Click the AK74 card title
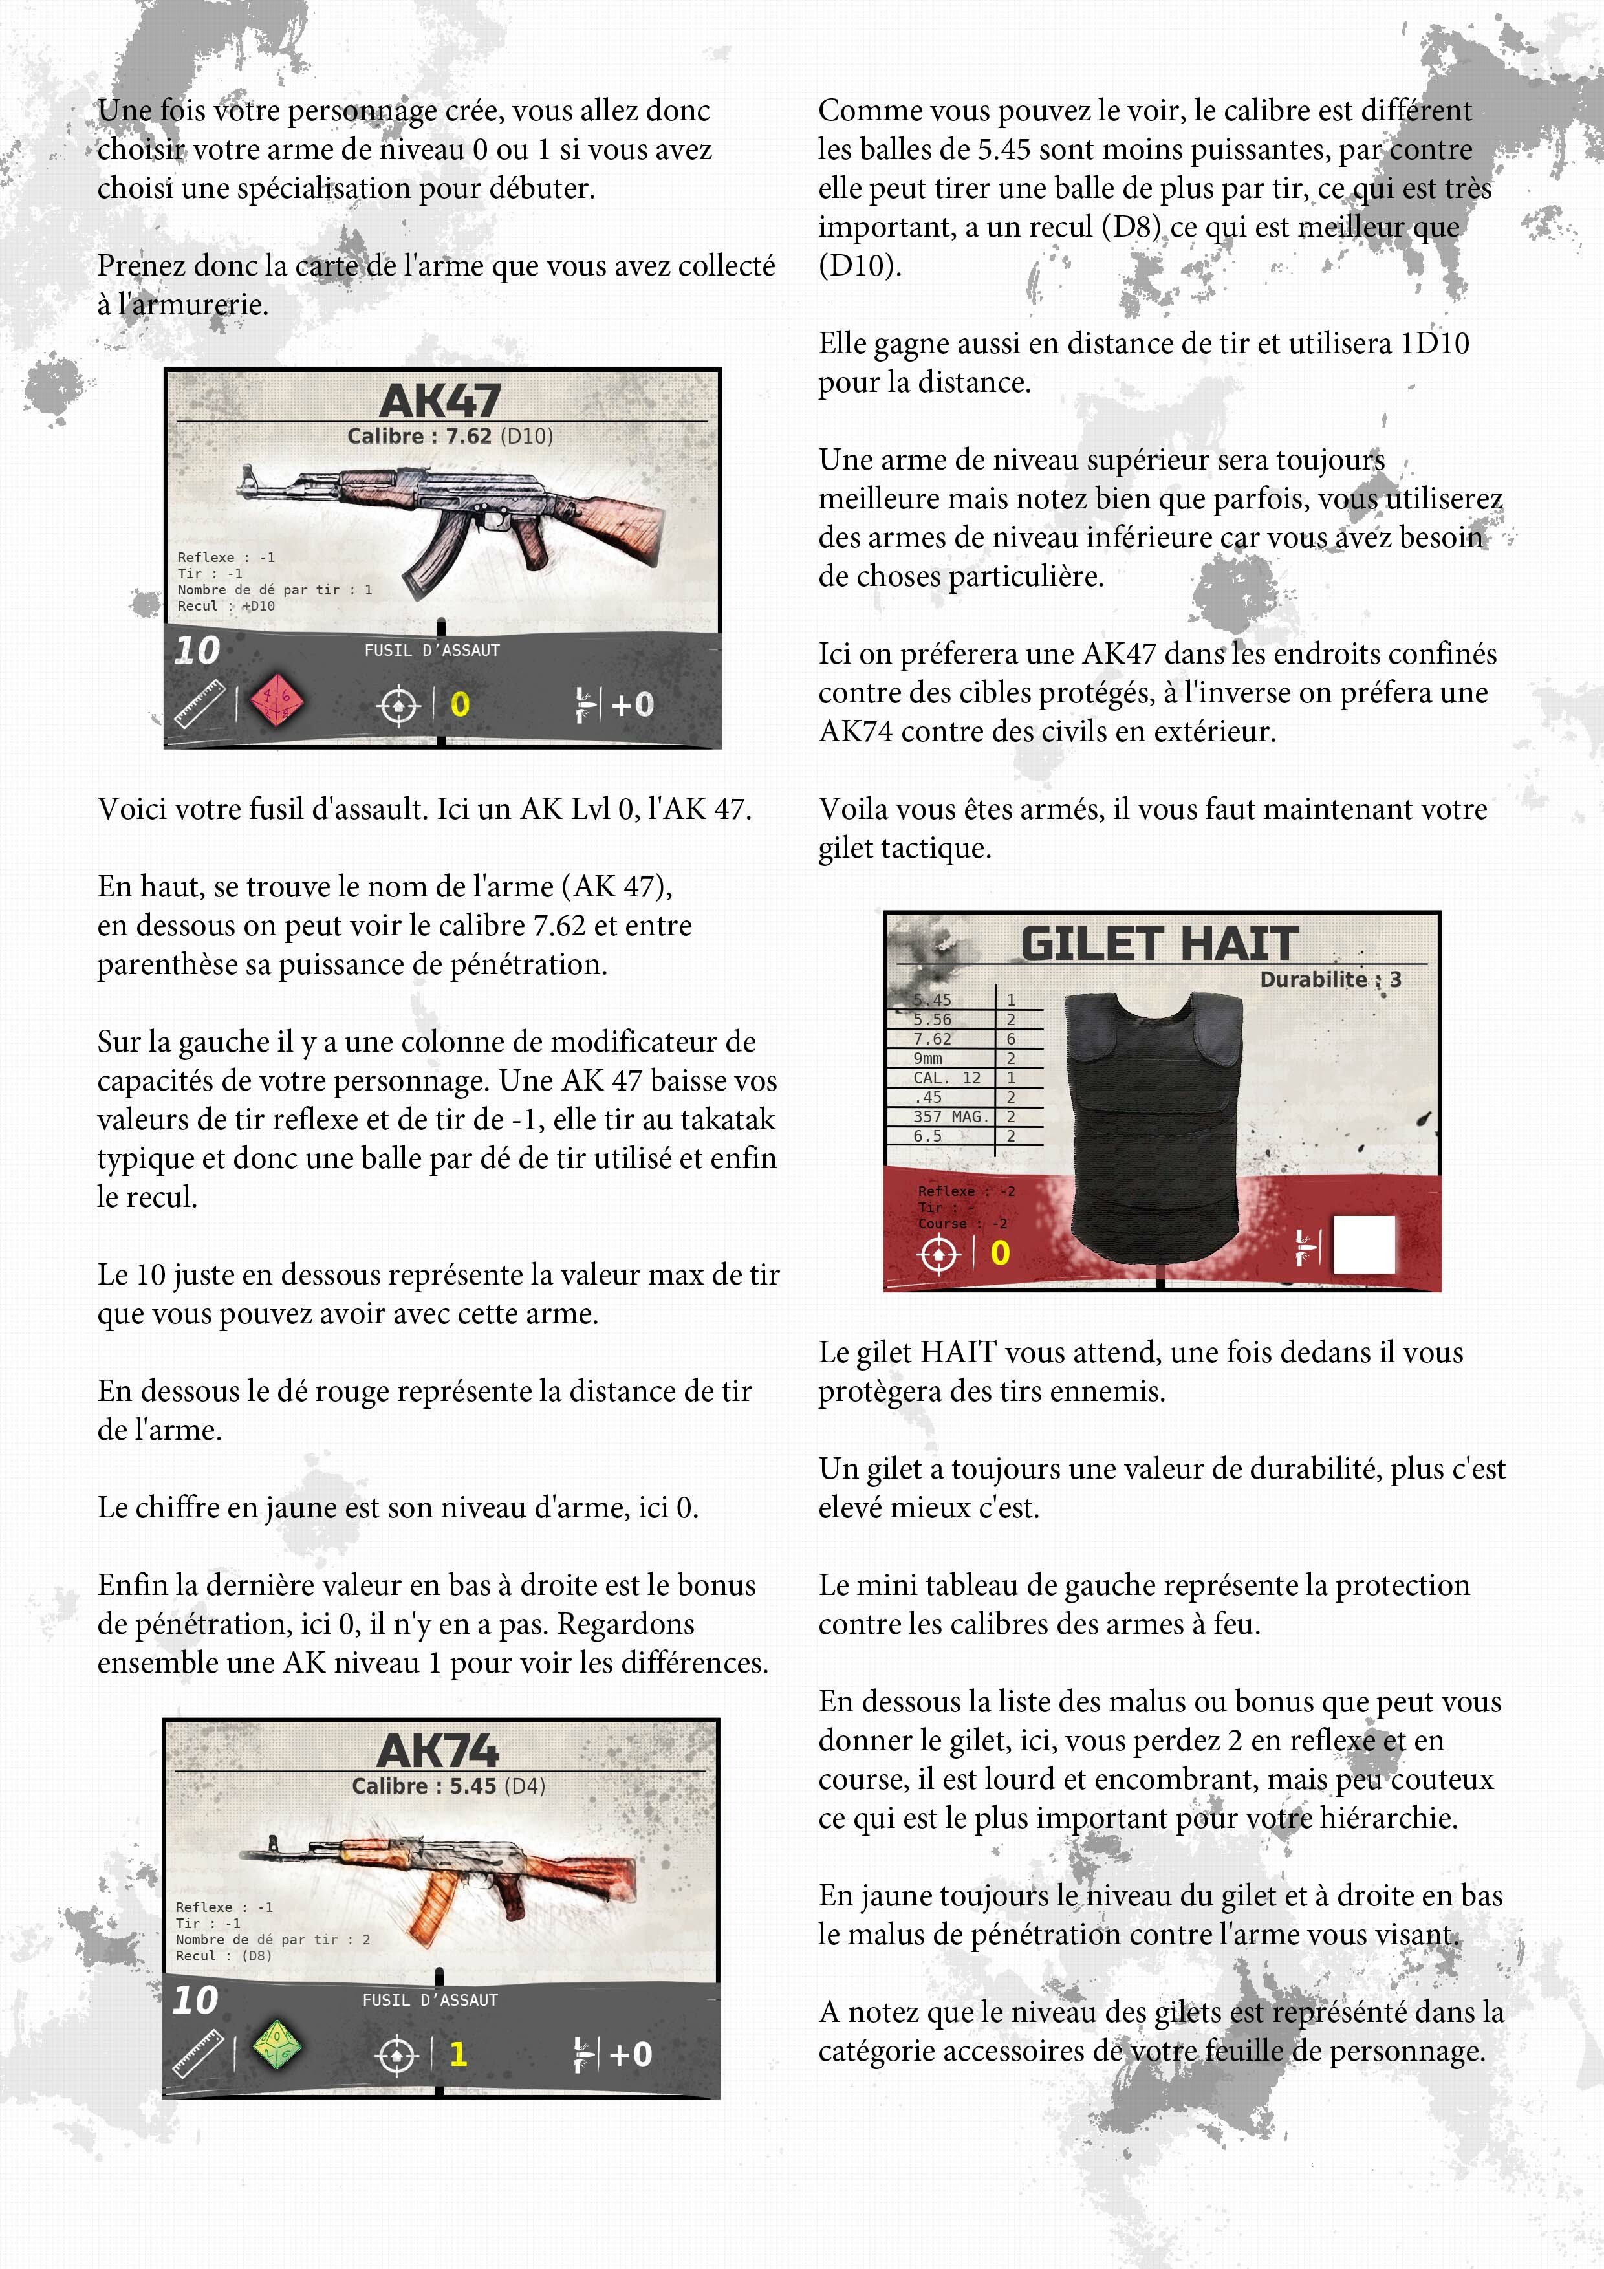coord(438,1750)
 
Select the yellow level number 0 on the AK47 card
coord(460,704)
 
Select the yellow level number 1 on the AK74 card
coord(457,2054)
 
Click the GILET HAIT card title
coord(1158,943)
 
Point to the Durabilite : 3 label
coord(1330,979)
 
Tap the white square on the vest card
coord(1364,1245)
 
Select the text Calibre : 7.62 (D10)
coord(450,436)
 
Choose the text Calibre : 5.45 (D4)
coord(449,1786)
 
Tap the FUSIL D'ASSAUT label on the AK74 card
coord(430,2000)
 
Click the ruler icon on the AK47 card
coord(200,704)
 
